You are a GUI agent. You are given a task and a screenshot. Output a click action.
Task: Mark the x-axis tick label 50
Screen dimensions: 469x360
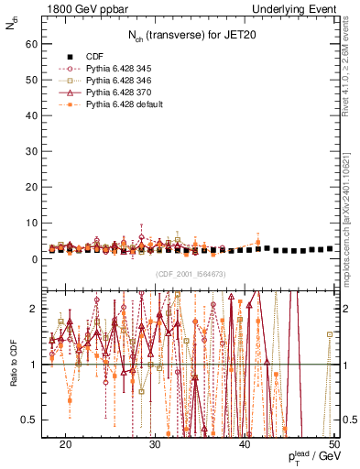pyautogui.click(x=334, y=443)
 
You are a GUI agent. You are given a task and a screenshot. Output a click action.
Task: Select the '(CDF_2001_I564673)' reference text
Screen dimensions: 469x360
pyautogui.click(x=190, y=274)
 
